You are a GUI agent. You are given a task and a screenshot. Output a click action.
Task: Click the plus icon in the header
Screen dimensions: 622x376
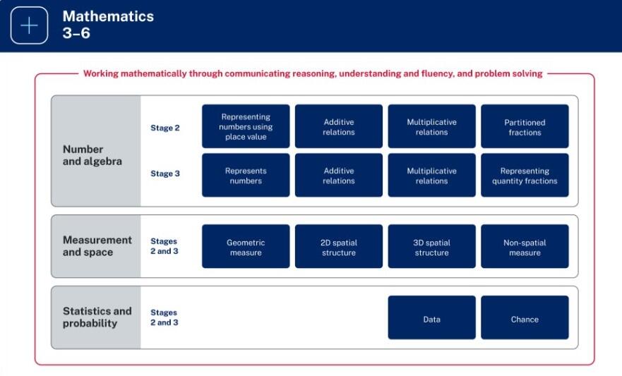[30, 25]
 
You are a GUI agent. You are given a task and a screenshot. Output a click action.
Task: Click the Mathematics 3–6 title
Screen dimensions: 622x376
[108, 25]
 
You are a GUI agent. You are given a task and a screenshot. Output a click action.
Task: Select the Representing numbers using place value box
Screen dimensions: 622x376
[246, 126]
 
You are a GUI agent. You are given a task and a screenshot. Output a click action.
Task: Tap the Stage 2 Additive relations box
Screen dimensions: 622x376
[339, 126]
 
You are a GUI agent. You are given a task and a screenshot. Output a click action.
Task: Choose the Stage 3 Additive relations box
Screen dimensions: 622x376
[339, 175]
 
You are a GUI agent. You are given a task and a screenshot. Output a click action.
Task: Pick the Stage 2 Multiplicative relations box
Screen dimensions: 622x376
[431, 126]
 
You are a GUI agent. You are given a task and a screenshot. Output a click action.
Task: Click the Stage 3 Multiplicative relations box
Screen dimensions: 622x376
[431, 175]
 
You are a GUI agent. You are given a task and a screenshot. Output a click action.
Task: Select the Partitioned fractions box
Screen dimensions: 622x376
[525, 126]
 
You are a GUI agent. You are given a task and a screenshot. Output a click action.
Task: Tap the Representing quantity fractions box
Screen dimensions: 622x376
[525, 175]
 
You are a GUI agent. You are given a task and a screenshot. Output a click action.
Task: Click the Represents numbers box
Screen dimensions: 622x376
[246, 175]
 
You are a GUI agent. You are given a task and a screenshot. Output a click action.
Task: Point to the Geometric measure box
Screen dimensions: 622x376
[246, 246]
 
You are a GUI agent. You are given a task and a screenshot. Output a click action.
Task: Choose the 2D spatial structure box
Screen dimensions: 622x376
[339, 246]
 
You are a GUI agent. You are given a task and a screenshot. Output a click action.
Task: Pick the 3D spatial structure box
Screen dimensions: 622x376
[431, 246]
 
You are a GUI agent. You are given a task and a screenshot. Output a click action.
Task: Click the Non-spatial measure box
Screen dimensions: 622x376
[525, 246]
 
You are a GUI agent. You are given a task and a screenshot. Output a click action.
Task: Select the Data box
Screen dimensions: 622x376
[431, 317]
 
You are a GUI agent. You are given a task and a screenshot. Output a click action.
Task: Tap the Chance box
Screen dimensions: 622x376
[525, 317]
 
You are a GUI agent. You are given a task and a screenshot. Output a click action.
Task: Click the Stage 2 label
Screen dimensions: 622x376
[165, 128]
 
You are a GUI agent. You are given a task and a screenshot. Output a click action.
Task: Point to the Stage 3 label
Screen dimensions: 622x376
[165, 174]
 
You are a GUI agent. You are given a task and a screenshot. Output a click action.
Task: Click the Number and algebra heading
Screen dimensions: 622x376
[92, 155]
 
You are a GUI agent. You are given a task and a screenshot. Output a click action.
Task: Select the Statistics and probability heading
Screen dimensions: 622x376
[97, 317]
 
